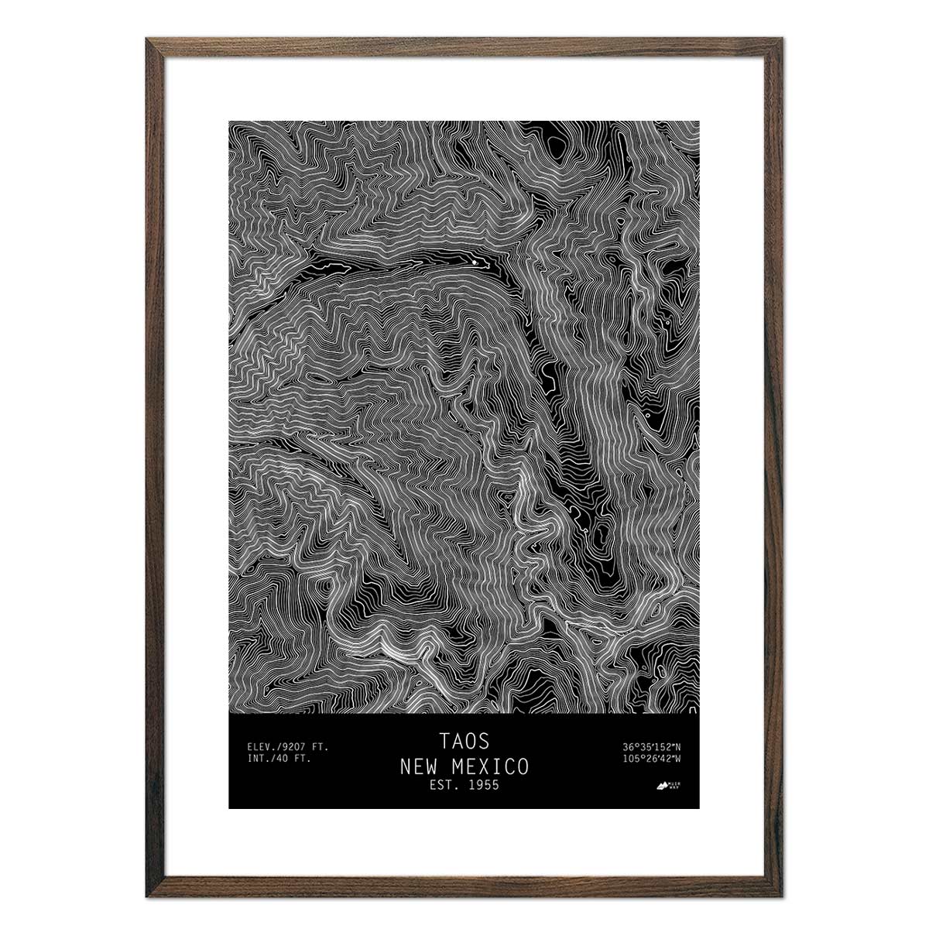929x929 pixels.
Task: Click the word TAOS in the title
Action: click(x=464, y=741)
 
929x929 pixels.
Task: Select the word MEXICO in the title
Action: click(x=491, y=766)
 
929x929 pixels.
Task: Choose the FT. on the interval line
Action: click(x=302, y=759)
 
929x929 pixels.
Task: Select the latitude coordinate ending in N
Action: click(x=650, y=747)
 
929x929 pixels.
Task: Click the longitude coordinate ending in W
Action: click(x=650, y=759)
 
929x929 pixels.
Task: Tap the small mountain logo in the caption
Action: click(x=663, y=787)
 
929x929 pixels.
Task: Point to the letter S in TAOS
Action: click(x=484, y=741)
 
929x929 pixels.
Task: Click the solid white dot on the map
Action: click(x=475, y=263)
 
